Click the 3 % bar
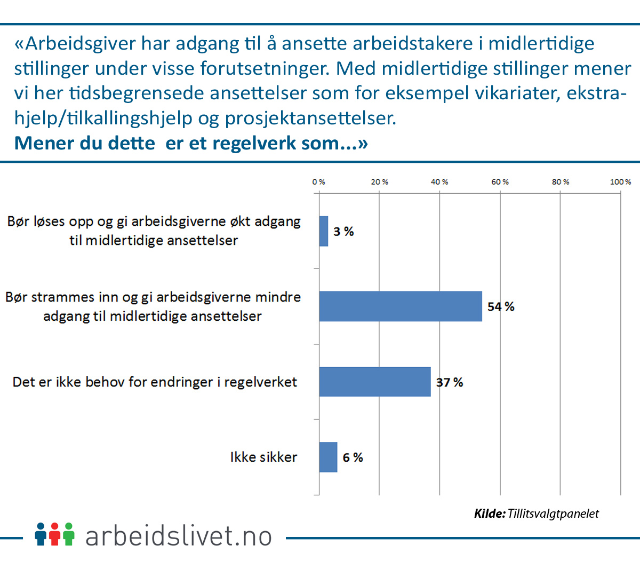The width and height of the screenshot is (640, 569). [x=324, y=231]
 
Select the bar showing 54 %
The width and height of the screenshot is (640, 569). [x=400, y=306]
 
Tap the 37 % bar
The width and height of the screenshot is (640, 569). [x=374, y=382]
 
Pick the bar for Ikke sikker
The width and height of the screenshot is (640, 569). [x=328, y=457]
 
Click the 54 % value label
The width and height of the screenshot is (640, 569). [x=501, y=307]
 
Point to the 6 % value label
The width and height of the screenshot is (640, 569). [x=353, y=457]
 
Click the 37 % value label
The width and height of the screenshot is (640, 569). [x=450, y=382]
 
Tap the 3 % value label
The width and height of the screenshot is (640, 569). [x=343, y=232]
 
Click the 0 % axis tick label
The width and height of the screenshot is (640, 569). [x=319, y=182]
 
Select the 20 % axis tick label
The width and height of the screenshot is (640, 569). [x=379, y=182]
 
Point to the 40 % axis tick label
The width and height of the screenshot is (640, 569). [x=439, y=182]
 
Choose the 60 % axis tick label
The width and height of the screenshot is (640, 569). [x=500, y=182]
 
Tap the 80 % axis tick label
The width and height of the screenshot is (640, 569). [x=560, y=182]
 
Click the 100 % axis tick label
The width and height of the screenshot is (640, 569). [x=620, y=182]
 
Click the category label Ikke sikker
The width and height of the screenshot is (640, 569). [x=263, y=457]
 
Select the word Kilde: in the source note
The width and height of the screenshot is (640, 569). [x=490, y=513]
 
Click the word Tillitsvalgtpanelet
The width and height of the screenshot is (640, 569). [x=553, y=513]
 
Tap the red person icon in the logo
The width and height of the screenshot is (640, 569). [x=54, y=534]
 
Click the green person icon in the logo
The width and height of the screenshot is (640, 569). [x=68, y=534]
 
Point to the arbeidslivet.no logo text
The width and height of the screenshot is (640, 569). [x=179, y=536]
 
